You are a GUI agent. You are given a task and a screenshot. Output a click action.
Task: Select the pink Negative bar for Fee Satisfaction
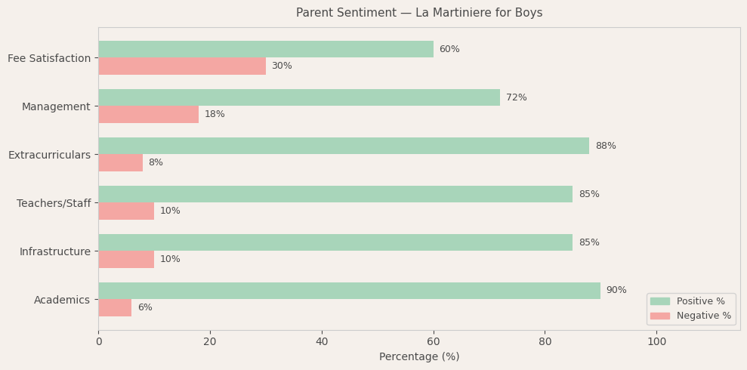[x=182, y=66]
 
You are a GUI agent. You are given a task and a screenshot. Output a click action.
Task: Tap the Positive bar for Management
[x=299, y=97]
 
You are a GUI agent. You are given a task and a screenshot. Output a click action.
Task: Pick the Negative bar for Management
[x=149, y=115]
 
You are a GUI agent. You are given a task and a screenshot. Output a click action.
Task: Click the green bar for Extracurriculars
[x=344, y=146]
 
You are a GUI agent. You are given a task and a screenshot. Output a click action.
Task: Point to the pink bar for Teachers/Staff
[x=126, y=211]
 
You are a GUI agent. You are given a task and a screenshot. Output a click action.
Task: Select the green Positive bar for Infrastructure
[x=335, y=242]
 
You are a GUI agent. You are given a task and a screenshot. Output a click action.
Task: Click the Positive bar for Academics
[x=349, y=291]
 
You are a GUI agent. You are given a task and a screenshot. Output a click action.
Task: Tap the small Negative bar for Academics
[x=115, y=308]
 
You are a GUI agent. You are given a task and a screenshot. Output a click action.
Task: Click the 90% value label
[x=616, y=291]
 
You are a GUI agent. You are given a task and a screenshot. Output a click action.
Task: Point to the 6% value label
[x=145, y=308]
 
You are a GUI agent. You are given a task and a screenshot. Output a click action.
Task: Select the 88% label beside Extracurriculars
[x=606, y=146]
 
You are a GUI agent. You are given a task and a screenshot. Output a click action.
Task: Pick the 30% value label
[x=282, y=66]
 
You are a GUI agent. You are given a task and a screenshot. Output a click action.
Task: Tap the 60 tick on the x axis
[x=434, y=342]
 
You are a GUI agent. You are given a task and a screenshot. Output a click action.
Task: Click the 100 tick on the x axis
[x=656, y=342]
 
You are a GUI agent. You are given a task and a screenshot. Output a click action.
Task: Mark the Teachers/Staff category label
[x=54, y=204]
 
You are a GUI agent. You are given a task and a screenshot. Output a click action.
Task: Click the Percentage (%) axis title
[x=419, y=357]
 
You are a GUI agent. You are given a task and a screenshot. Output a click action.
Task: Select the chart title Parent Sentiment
[x=419, y=13]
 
